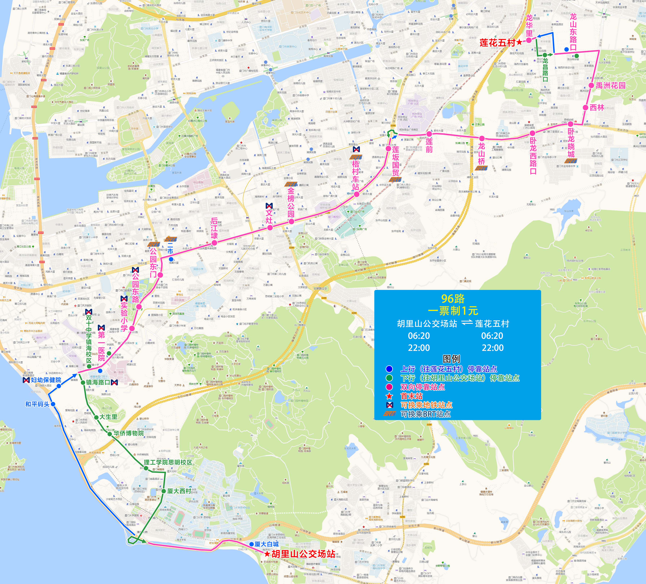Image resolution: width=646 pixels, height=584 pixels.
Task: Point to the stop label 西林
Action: (597, 108)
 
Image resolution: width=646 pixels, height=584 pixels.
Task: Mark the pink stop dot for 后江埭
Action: (215, 243)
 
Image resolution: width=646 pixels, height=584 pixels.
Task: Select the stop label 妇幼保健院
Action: (46, 380)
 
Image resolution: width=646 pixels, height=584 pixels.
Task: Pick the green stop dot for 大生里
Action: (96, 417)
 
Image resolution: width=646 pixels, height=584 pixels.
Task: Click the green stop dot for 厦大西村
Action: (163, 491)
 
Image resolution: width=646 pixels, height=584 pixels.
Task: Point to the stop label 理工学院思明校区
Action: (168, 462)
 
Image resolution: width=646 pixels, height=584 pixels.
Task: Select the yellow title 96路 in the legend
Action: (453, 299)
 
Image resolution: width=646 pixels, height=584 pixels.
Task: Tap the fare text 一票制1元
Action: (453, 311)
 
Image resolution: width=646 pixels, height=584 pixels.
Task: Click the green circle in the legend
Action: (389, 378)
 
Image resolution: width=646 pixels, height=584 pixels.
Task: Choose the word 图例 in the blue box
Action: (451, 359)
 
